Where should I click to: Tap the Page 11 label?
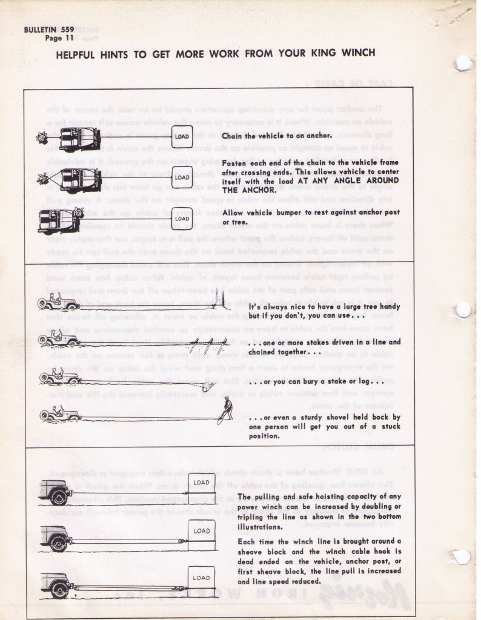[59, 38]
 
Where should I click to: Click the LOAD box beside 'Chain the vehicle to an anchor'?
[182, 137]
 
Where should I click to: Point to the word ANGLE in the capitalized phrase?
[328, 181]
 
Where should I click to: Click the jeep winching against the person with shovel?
[59, 415]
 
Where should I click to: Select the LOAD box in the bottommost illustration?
[201, 578]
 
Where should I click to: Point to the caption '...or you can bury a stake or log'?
[314, 383]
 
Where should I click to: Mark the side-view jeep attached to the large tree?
[59, 302]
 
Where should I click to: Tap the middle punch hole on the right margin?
[463, 311]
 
